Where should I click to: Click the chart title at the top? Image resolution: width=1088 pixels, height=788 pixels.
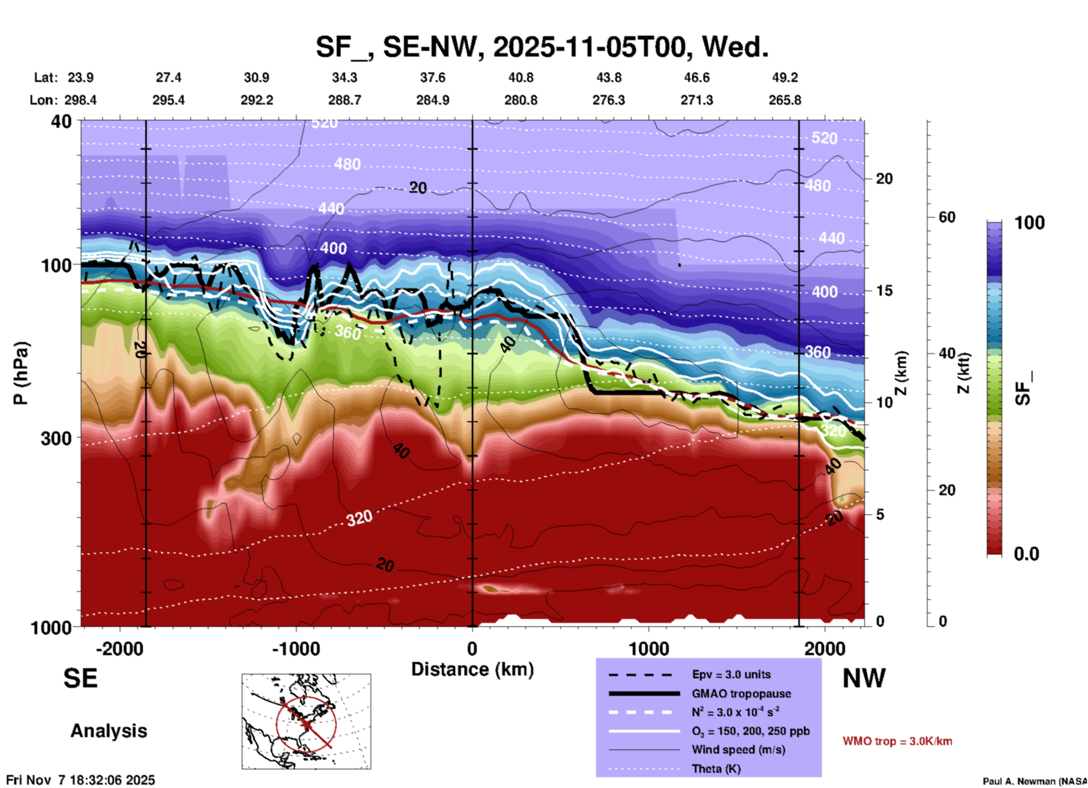click(x=542, y=47)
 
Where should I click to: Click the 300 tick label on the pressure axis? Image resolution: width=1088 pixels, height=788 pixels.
click(x=56, y=438)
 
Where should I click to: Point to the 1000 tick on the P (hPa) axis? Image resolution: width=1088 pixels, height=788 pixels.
click(x=50, y=627)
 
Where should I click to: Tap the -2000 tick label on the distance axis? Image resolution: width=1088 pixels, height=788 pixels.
click(x=119, y=648)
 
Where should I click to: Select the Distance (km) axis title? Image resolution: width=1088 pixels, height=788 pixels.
click(x=472, y=669)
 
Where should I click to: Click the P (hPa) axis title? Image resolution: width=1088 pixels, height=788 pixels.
click(x=21, y=373)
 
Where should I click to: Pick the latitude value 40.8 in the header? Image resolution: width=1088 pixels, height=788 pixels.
click(x=520, y=77)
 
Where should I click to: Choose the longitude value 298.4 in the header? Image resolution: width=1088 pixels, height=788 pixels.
click(x=80, y=100)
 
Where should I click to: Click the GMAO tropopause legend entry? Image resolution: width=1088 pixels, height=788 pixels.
click(x=741, y=694)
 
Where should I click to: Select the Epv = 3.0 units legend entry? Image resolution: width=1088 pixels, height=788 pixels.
click(x=730, y=674)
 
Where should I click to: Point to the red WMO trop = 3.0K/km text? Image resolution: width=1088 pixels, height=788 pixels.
click(x=897, y=741)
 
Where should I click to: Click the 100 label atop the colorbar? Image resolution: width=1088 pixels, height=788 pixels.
click(x=1029, y=223)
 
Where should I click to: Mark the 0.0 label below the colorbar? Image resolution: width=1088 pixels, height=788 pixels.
click(x=1026, y=554)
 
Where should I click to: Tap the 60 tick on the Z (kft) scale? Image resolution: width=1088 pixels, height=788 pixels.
click(x=947, y=217)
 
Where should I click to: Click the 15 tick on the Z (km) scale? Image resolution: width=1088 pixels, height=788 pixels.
click(x=884, y=291)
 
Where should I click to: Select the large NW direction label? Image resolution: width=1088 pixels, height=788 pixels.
click(x=864, y=678)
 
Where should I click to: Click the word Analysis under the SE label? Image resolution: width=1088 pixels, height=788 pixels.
click(x=108, y=731)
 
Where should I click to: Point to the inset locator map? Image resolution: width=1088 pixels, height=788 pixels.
click(x=306, y=721)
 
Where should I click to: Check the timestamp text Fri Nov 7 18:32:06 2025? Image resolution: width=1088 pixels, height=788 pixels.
click(x=80, y=780)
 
